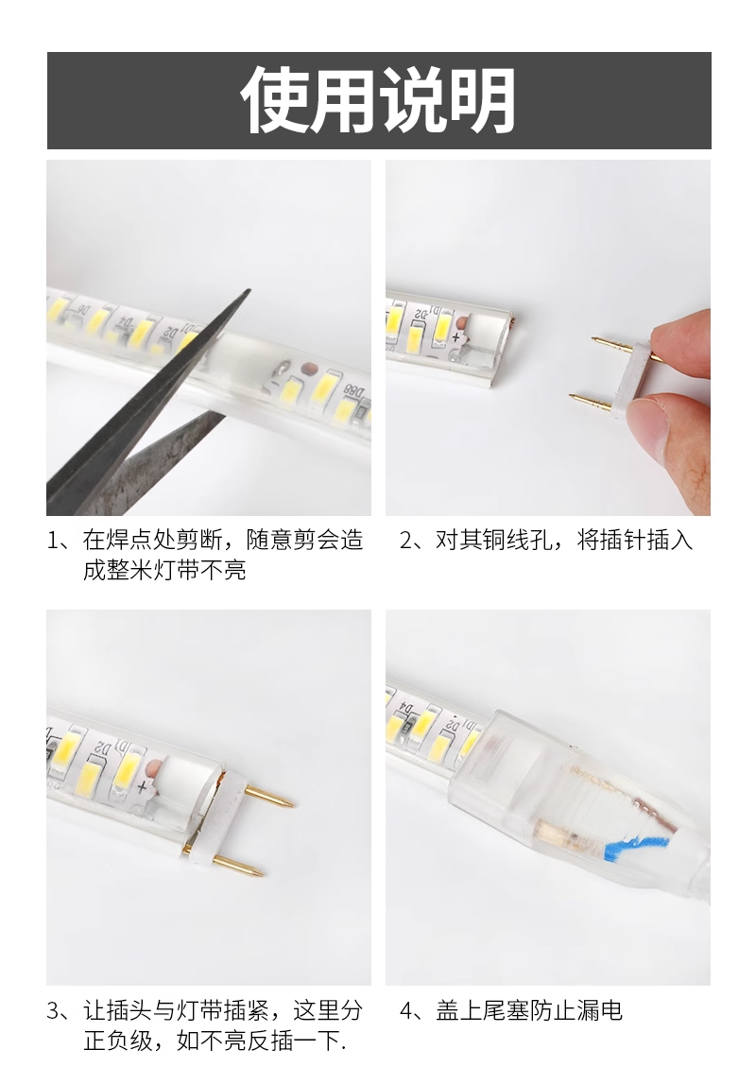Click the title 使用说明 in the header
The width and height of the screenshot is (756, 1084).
click(378, 99)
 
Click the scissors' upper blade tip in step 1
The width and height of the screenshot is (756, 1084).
click(249, 290)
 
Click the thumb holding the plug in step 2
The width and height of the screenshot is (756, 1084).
click(675, 431)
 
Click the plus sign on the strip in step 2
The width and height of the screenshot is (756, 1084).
click(455, 338)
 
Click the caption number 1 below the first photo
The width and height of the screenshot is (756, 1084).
click(54, 541)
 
